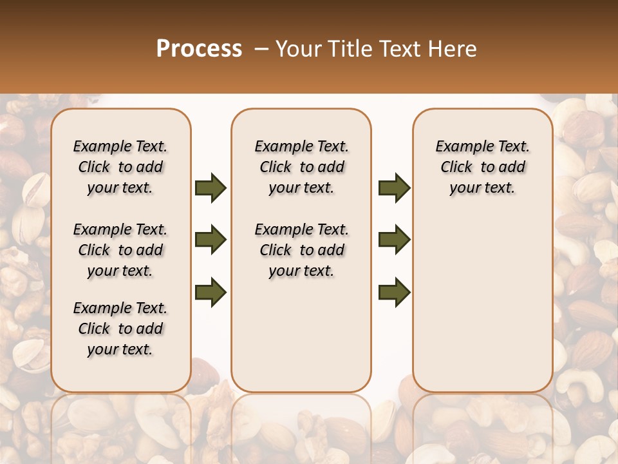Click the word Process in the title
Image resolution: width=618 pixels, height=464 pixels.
(199, 49)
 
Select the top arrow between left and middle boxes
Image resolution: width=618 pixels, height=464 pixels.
(211, 188)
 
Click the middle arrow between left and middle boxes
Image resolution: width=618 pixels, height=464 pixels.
(211, 240)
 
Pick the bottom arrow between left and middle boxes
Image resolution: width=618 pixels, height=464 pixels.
(211, 293)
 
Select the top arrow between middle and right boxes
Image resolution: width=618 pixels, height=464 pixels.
(394, 188)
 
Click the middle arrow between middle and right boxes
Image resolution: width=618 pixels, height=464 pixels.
(394, 240)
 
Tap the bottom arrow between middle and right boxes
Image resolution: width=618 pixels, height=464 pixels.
(394, 293)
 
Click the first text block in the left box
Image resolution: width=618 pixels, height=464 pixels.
(120, 167)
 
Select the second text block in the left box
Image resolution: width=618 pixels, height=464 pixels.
(120, 250)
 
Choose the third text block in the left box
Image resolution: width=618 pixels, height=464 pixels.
(120, 329)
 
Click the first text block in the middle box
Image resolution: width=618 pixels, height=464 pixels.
(301, 167)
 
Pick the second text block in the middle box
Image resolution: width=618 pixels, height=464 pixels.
(301, 250)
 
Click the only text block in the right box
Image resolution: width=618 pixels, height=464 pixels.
(482, 167)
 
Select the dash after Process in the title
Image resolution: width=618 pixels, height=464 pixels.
(261, 49)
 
